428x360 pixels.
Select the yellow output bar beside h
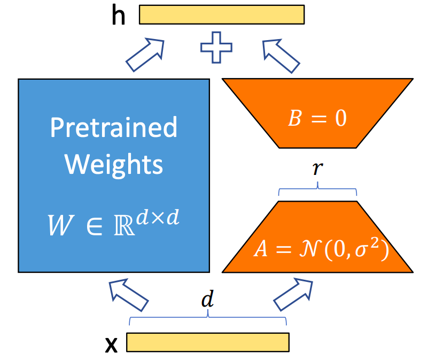click(222, 15)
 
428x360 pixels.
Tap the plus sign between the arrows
click(216, 46)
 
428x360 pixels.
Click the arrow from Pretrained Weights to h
click(145, 54)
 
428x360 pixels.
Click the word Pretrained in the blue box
click(113, 128)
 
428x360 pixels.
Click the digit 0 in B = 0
click(340, 119)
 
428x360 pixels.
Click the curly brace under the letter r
click(318, 188)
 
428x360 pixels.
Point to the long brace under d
click(207, 318)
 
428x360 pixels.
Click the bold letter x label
click(111, 345)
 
